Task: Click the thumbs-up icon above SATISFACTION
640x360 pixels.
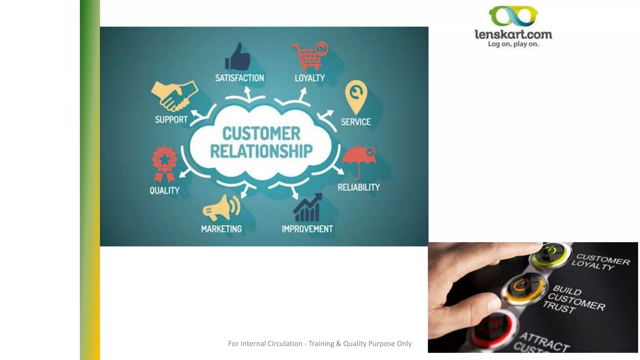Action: pos(238,57)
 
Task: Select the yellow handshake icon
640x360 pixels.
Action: pos(174,96)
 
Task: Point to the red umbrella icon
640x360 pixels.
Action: pos(359,158)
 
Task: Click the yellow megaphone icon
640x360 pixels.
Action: pos(221,207)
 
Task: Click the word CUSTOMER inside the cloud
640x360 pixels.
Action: pos(261,133)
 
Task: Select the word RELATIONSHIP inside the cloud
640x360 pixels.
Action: pos(261,152)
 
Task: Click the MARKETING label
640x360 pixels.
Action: pos(221,229)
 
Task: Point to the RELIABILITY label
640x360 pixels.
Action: pos(358,187)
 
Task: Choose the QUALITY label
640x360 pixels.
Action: pos(164,191)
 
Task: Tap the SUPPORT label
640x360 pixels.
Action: pos(171,120)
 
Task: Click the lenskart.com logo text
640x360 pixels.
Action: pos(513,34)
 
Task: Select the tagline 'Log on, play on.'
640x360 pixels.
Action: pos(513,44)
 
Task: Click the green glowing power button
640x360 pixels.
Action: pos(550,253)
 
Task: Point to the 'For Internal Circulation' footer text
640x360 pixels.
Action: pos(320,344)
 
